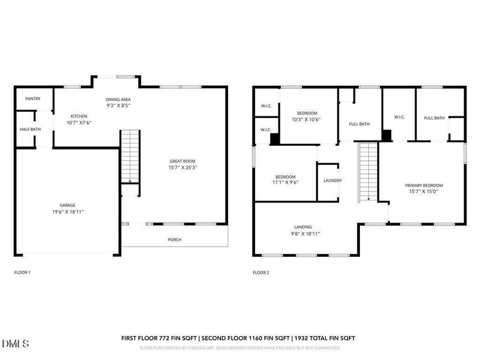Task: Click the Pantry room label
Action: (33, 98)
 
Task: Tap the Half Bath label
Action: (31, 129)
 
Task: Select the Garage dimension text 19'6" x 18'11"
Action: (68, 212)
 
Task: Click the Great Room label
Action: (182, 161)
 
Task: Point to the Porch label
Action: (175, 239)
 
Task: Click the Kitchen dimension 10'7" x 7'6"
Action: (79, 122)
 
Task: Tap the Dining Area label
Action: (118, 100)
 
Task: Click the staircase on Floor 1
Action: (130, 157)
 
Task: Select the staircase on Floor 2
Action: (368, 172)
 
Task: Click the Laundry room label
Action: (333, 181)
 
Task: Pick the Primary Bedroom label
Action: (424, 185)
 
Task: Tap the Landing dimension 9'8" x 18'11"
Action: (305, 233)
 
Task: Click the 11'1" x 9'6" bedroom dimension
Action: (286, 182)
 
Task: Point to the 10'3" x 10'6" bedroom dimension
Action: (306, 119)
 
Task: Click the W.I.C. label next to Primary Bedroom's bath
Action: (400, 117)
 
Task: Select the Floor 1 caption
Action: (22, 272)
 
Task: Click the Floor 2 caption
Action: (261, 272)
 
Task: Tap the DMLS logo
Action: (16, 343)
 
